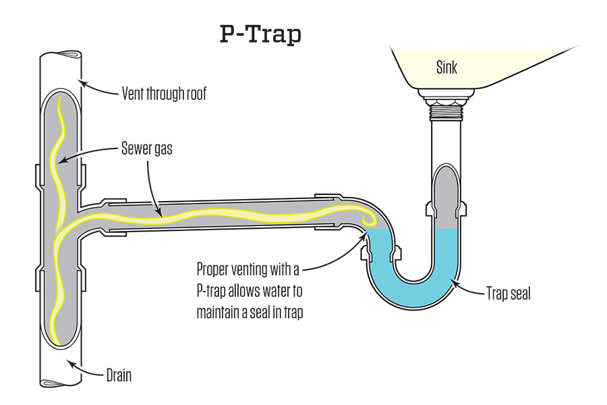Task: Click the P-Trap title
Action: (260, 34)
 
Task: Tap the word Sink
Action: (446, 67)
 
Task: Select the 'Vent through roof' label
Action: (164, 94)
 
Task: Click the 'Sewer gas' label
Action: (145, 148)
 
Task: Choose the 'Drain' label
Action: (119, 375)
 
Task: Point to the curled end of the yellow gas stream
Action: (368, 219)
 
